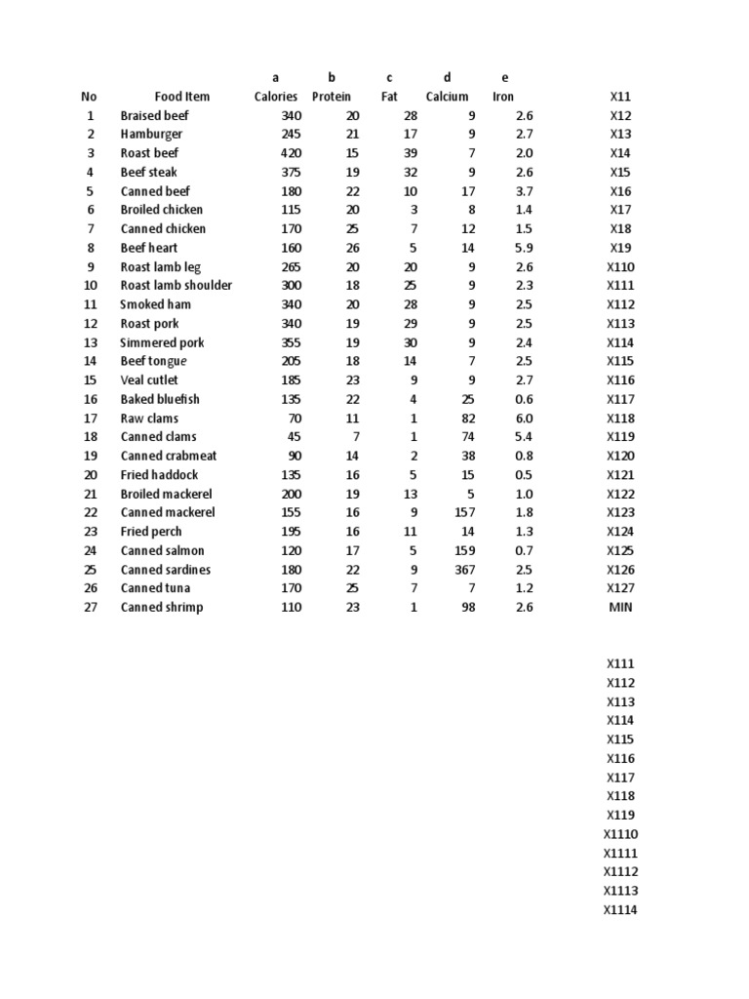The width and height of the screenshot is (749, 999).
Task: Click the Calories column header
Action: (x=276, y=97)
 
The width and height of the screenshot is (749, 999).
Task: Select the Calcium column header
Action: (x=447, y=97)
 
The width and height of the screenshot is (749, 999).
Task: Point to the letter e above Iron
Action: (x=504, y=77)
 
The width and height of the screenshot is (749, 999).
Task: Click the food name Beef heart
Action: (x=149, y=248)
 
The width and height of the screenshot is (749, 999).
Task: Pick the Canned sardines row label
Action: (x=166, y=570)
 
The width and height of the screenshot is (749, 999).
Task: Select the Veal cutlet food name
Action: (x=149, y=380)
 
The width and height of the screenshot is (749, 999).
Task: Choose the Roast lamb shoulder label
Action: (x=177, y=286)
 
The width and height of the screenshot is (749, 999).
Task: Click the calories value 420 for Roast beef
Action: (x=291, y=153)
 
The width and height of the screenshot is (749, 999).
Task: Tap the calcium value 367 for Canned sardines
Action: (x=464, y=570)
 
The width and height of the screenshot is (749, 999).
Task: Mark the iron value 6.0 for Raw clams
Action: (x=524, y=419)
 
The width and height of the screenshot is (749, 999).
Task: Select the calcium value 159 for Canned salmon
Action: (x=464, y=551)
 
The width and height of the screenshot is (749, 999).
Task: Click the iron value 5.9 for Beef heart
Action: (x=524, y=248)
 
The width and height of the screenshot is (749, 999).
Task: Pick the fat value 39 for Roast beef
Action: (x=410, y=153)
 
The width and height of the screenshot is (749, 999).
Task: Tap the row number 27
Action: (x=90, y=608)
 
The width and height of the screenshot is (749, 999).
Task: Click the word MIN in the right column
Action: (x=621, y=608)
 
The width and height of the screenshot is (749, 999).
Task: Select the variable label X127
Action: (x=621, y=588)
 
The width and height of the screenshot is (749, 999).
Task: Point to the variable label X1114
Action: (x=620, y=910)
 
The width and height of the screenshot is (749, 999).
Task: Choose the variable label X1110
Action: (x=620, y=834)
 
